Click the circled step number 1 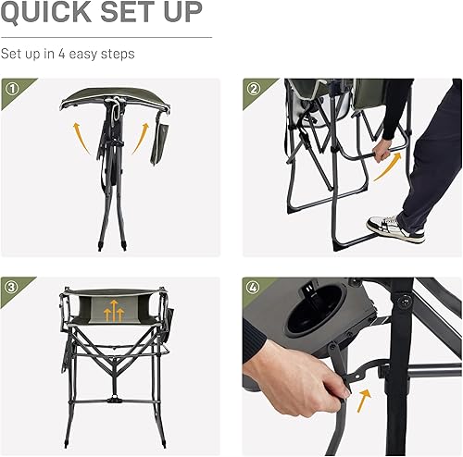pos(12,91)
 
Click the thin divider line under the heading pos(106,37)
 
